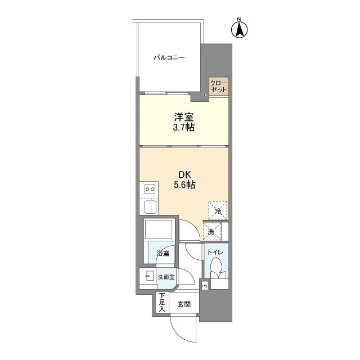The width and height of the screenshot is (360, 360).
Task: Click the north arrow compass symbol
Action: tap(239, 29)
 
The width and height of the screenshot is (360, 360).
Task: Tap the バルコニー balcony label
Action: tap(169, 57)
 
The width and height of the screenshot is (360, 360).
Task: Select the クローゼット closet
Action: tap(219, 86)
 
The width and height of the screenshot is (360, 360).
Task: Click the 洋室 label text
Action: tap(184, 117)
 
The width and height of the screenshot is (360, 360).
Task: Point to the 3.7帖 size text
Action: tap(184, 127)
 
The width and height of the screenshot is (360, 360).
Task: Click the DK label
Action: tap(184, 175)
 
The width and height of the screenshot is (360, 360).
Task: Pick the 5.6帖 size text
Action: tap(184, 185)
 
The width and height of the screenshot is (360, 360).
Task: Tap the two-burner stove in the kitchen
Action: tap(150, 190)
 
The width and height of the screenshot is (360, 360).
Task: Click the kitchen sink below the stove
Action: tap(150, 206)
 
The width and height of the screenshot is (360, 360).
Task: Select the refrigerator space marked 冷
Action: tap(218, 211)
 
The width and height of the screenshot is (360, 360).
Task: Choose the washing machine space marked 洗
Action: tap(212, 231)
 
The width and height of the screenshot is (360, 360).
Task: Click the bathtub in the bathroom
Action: tap(158, 229)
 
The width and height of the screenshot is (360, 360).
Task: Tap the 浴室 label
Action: tap(163, 254)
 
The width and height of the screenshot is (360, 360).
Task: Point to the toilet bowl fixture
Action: tap(216, 268)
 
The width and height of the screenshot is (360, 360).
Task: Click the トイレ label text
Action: tap(215, 253)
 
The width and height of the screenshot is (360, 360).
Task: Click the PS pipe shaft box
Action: tap(205, 286)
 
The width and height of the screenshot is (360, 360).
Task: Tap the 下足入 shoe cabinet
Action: tap(163, 302)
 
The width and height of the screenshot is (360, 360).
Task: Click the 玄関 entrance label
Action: tap(184, 304)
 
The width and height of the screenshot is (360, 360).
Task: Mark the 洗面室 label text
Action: tap(166, 277)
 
